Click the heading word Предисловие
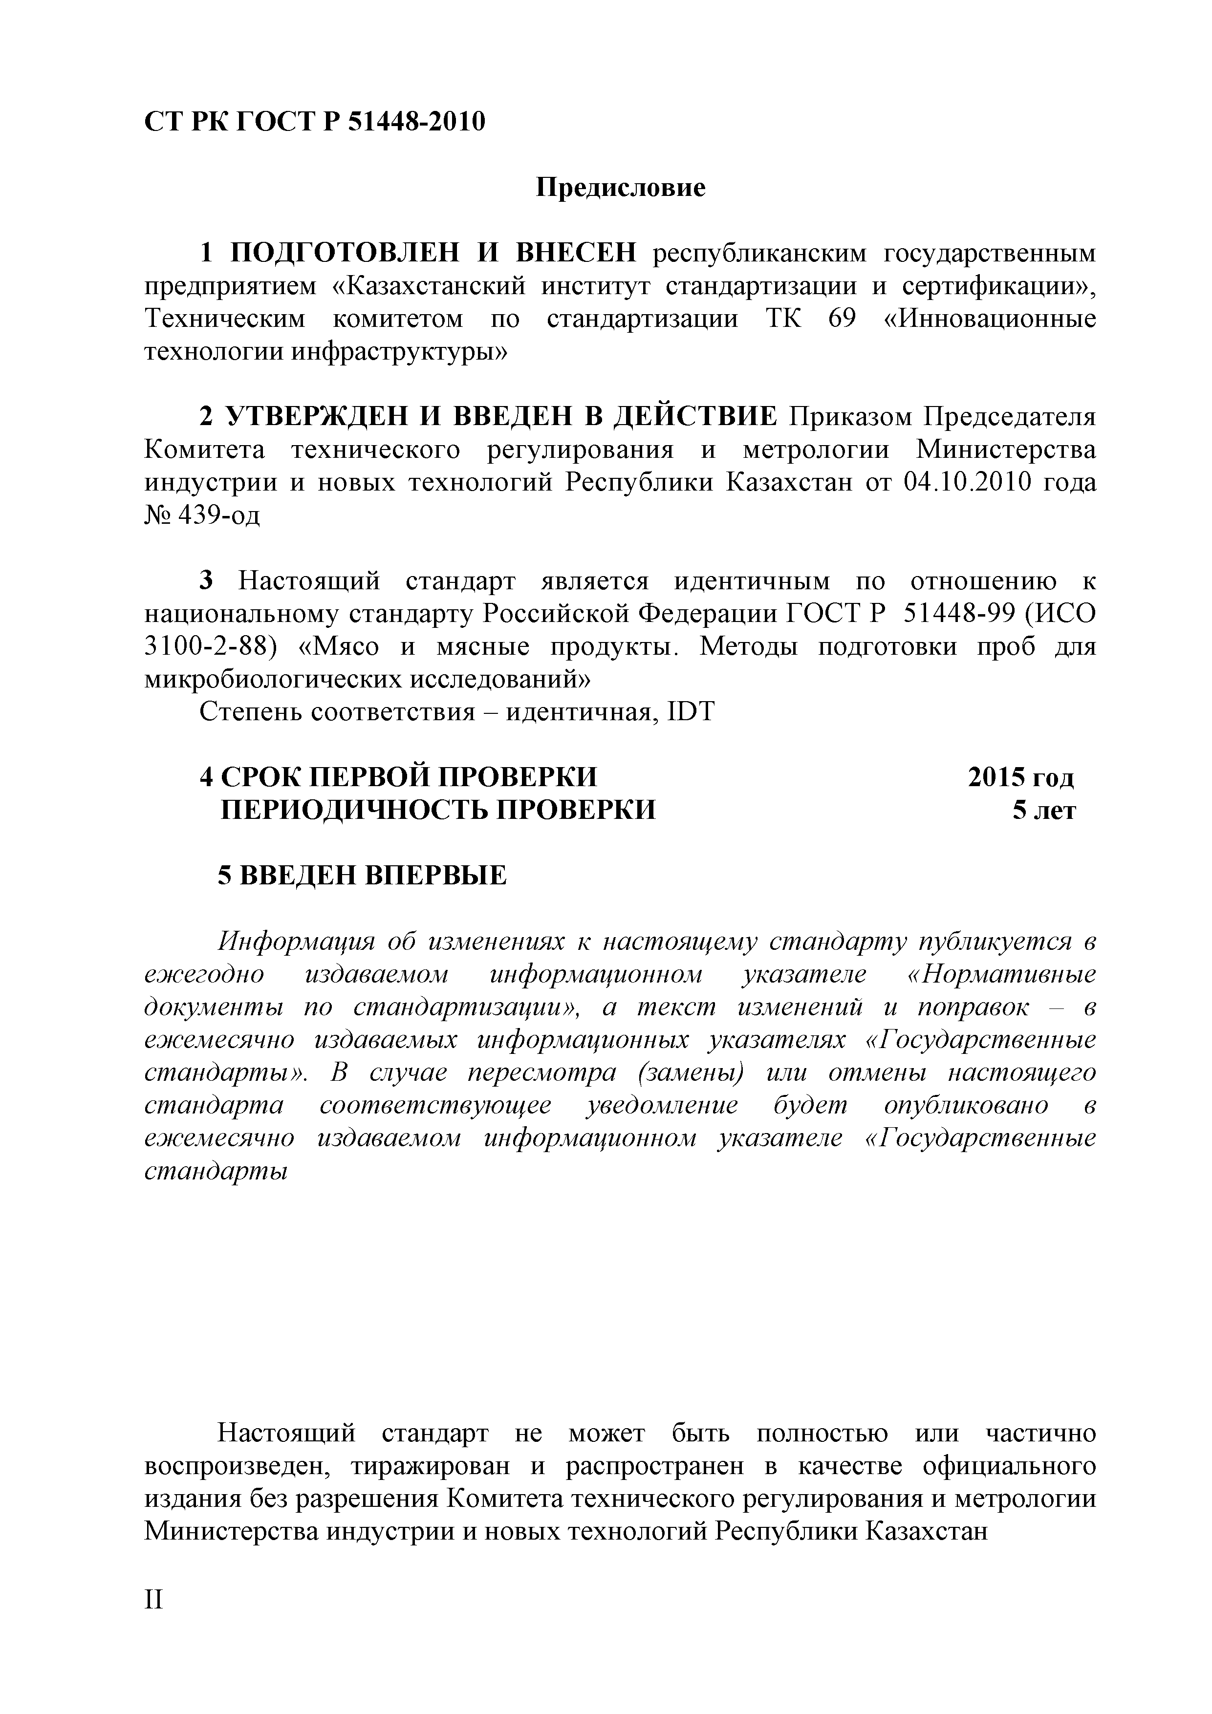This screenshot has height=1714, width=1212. [x=621, y=187]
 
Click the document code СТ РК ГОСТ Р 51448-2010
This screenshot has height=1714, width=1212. [x=314, y=121]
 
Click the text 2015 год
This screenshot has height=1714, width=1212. [x=1021, y=777]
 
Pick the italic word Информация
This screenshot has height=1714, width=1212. [x=294, y=942]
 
